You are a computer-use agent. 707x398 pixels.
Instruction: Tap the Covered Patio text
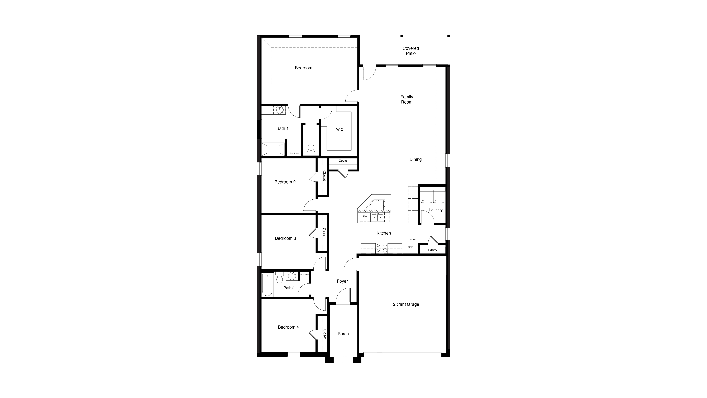411,51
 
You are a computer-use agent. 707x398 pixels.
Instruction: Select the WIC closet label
340,129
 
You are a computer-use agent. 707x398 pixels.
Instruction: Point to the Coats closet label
342,161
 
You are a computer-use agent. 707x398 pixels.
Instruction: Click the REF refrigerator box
410,247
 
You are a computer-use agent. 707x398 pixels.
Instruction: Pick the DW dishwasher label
365,216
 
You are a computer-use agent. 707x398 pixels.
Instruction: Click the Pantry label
433,250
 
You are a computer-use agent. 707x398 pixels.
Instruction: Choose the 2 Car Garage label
406,304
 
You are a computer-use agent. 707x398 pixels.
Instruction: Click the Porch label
343,334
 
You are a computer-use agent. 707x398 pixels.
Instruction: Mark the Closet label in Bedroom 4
324,334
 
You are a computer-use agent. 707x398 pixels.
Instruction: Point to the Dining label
415,159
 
